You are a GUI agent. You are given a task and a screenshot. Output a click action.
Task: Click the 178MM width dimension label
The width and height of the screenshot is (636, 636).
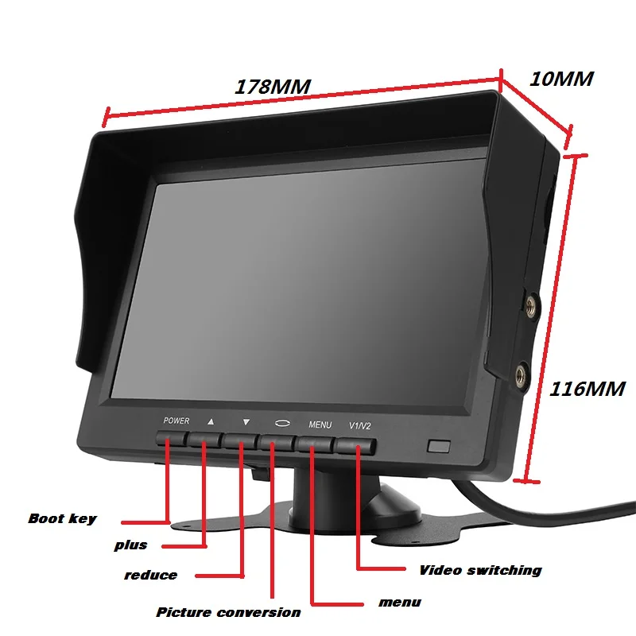click(x=271, y=85)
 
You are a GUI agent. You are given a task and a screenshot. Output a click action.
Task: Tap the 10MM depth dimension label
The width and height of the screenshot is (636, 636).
click(x=560, y=79)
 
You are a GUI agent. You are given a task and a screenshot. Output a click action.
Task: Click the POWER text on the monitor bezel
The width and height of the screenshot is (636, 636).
click(x=176, y=421)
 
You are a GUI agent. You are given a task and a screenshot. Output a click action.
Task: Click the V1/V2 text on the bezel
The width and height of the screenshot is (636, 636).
click(x=360, y=426)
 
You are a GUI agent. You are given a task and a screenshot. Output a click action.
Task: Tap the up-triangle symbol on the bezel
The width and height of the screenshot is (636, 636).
click(x=211, y=421)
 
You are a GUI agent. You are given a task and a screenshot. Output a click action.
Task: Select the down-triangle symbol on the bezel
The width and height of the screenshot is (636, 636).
click(x=246, y=422)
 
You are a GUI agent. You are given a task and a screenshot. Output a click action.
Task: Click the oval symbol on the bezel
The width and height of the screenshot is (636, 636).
click(x=282, y=424)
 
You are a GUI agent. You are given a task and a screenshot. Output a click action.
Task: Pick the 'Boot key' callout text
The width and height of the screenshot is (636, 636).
click(x=62, y=518)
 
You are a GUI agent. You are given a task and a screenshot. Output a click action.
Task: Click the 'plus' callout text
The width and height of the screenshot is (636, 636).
click(x=130, y=545)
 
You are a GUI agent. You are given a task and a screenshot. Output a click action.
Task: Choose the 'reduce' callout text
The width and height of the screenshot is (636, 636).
click(x=150, y=575)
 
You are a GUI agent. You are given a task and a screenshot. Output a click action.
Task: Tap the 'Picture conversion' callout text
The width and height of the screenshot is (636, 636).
click(x=228, y=612)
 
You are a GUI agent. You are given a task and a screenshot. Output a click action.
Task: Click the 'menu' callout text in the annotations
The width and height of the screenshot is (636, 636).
click(x=399, y=603)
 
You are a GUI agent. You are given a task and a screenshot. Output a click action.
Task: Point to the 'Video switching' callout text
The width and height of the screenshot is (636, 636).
click(x=480, y=570)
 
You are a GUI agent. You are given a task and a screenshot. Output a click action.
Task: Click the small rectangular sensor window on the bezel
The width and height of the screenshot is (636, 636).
click(x=439, y=446)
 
